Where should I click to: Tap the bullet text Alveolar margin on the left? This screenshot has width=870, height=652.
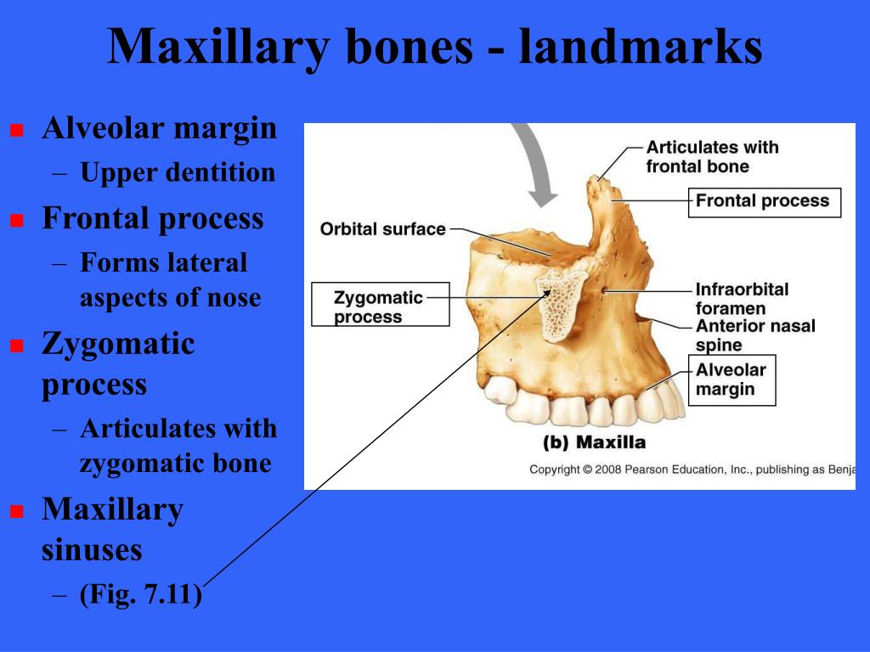(x=160, y=128)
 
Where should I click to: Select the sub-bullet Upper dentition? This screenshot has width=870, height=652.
(x=178, y=172)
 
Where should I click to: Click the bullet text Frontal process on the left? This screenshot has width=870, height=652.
(x=153, y=218)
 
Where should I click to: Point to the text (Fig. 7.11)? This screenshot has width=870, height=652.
(x=141, y=594)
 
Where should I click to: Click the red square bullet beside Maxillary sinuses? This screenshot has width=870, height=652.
(x=15, y=512)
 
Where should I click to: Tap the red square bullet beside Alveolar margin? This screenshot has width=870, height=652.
(x=15, y=131)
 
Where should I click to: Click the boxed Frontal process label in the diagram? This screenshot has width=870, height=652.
(x=763, y=201)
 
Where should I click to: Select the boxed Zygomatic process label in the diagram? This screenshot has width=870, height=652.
(x=379, y=306)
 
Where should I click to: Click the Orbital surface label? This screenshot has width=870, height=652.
(x=382, y=228)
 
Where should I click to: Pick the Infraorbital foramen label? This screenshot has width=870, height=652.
(x=742, y=299)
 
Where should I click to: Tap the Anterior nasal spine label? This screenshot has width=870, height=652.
(x=754, y=335)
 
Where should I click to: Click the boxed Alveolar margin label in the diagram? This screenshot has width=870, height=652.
(x=731, y=379)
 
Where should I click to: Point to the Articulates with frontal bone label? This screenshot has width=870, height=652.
(x=711, y=156)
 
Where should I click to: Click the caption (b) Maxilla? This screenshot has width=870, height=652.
(x=594, y=442)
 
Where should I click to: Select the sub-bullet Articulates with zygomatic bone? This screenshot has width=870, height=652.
(x=178, y=446)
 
